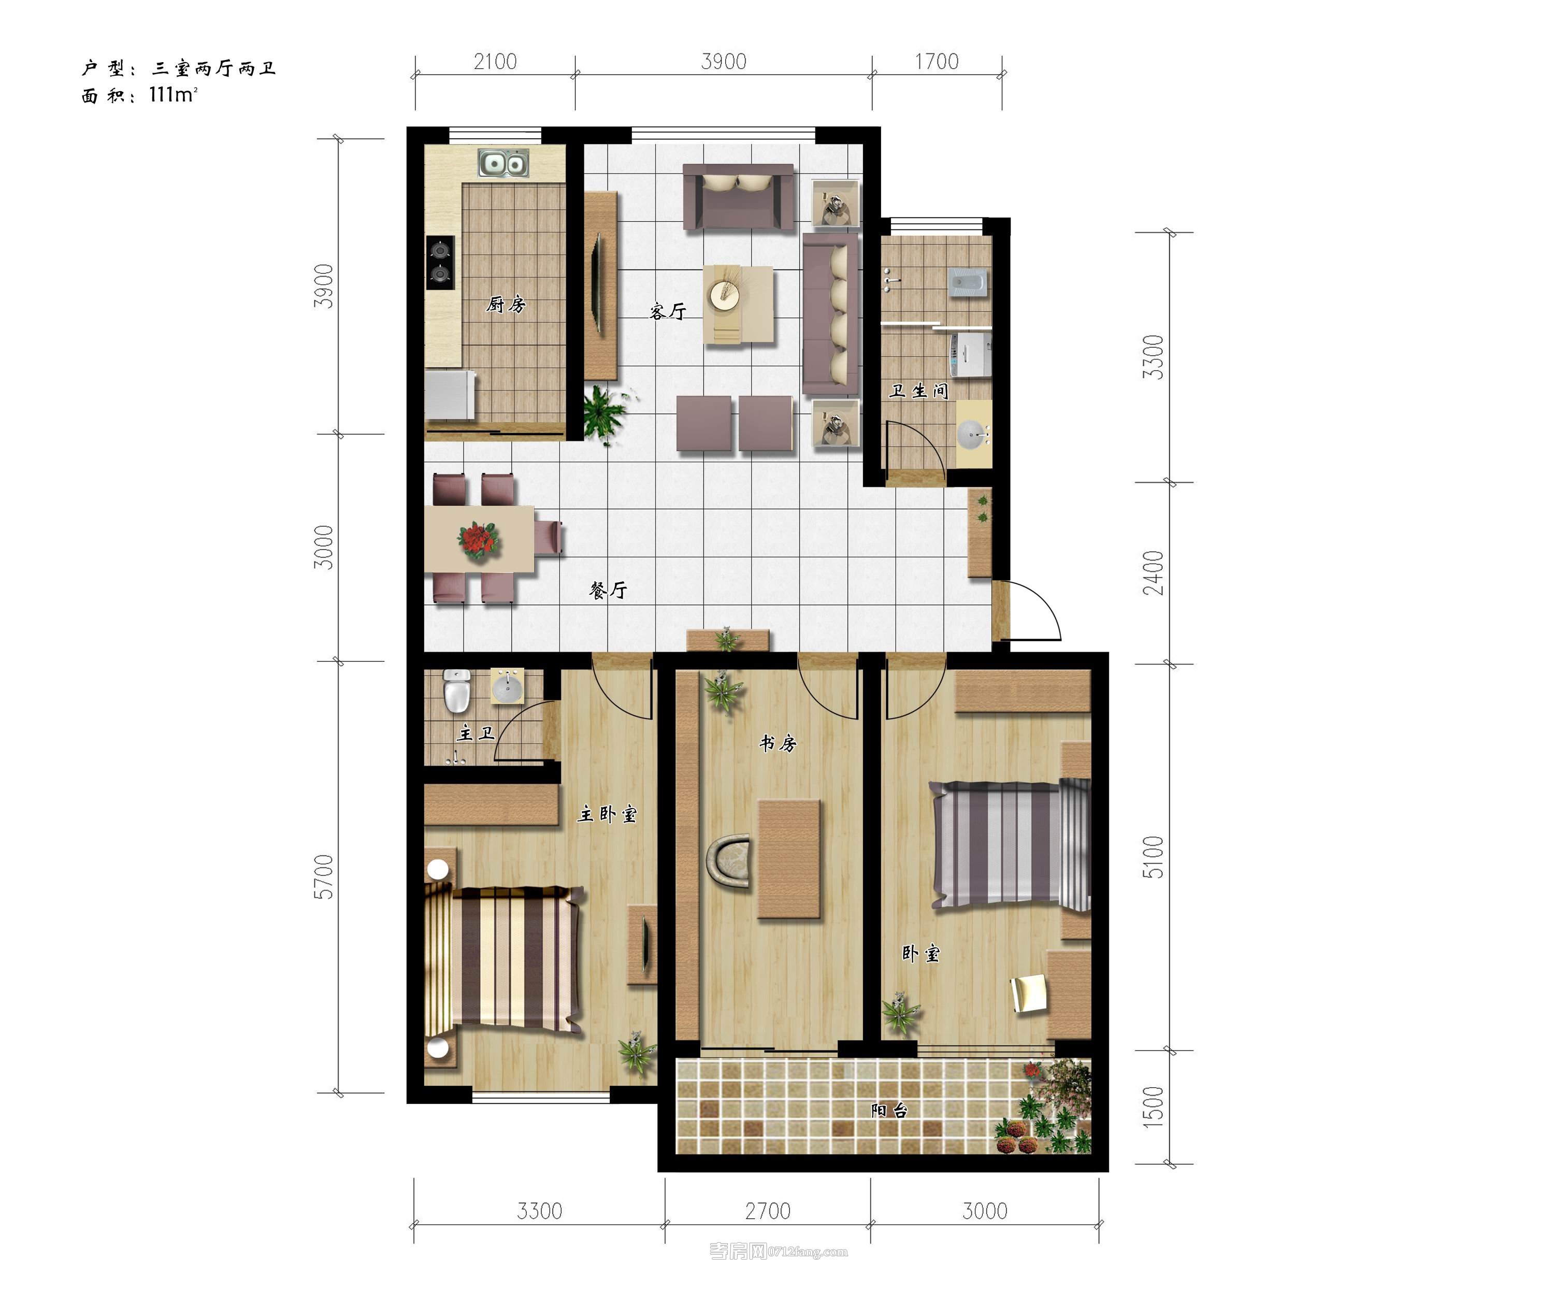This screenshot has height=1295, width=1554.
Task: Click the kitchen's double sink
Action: [x=503, y=164]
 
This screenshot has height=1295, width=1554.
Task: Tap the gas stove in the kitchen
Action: [x=440, y=263]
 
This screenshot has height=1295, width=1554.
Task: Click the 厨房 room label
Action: [x=506, y=304]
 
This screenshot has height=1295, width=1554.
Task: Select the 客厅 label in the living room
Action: [x=668, y=311]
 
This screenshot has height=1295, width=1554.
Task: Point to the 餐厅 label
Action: [x=608, y=590]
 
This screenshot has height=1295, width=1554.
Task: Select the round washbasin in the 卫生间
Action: [x=972, y=435]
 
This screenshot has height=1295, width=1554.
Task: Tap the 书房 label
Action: [x=778, y=743]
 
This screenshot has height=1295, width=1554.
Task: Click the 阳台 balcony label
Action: [x=889, y=1110]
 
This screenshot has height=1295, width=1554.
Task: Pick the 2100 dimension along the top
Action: [x=495, y=62]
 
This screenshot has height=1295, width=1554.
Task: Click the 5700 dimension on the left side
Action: [x=323, y=877]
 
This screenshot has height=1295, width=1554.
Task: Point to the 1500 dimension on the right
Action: [x=1153, y=1107]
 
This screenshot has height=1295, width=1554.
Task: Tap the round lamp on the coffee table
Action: [x=725, y=295]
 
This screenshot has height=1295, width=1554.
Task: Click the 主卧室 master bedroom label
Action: [x=607, y=814]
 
